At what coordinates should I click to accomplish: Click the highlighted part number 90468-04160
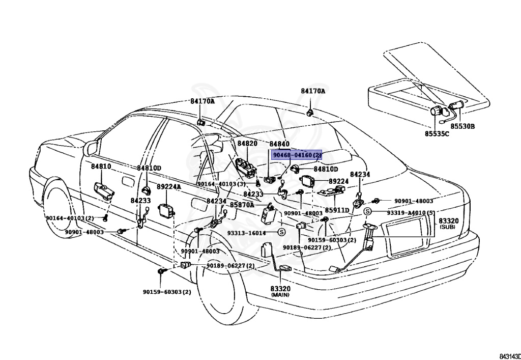click(x=297, y=155)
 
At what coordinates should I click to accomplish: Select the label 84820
click(x=247, y=144)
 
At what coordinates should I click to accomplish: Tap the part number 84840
click(x=279, y=144)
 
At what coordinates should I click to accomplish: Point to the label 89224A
click(x=169, y=187)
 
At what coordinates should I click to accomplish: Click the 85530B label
click(x=462, y=126)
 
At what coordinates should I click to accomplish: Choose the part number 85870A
click(x=242, y=205)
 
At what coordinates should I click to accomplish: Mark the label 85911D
click(x=337, y=210)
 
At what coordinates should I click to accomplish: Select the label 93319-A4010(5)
click(x=410, y=212)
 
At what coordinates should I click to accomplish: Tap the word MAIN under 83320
click(x=280, y=295)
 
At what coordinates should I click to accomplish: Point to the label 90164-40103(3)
click(x=221, y=184)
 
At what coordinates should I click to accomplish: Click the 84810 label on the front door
click(x=101, y=166)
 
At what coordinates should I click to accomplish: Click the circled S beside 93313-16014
click(x=281, y=232)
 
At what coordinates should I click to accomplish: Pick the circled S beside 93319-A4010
click(x=367, y=211)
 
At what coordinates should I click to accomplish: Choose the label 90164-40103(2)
click(x=70, y=218)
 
